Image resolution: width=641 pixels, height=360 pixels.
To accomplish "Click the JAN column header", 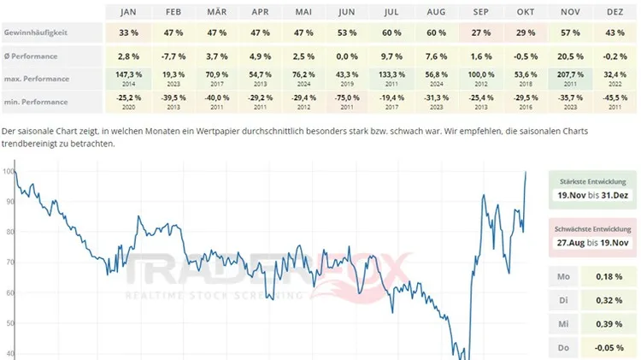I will [128, 12].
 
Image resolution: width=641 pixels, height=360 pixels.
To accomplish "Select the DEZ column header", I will [615, 12].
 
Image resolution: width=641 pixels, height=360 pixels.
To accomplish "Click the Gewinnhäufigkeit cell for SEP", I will [481, 32].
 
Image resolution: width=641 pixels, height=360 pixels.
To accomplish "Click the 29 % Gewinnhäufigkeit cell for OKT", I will [526, 32].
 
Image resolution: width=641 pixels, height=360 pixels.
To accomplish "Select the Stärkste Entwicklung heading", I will [593, 182].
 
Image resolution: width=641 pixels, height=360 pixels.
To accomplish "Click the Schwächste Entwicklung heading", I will [593, 229].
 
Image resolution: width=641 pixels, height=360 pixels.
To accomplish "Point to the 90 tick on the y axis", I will [9, 202].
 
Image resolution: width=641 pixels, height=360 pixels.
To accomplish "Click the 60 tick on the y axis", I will [9, 292].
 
